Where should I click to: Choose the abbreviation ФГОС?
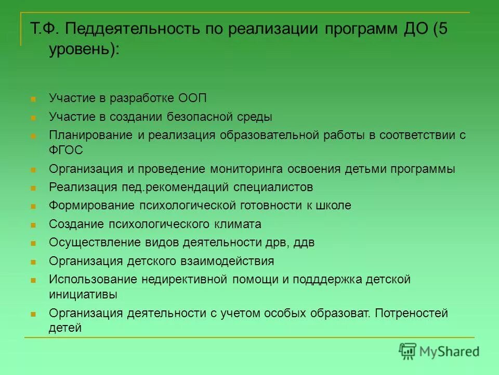click(x=66, y=150)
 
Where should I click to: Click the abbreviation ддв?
click(x=304, y=242)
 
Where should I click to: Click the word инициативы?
click(x=83, y=294)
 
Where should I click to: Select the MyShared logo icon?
click(x=408, y=351)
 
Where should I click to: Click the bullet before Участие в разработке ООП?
click(x=33, y=99)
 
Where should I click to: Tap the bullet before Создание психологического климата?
click(x=33, y=225)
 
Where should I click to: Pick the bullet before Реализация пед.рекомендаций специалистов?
click(x=33, y=188)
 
